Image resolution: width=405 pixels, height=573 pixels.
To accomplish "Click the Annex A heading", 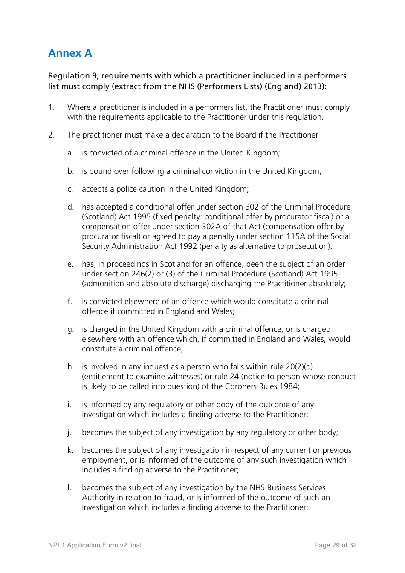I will point(70,53).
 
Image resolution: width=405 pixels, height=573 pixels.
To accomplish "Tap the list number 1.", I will point(51,107).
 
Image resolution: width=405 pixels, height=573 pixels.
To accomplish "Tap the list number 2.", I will point(51,135).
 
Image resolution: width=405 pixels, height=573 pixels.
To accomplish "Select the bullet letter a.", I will point(70,153).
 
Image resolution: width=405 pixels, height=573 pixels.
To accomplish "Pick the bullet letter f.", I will point(70,302).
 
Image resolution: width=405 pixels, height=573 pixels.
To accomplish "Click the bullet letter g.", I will point(70,330).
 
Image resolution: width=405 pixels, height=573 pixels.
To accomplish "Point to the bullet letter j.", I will point(69,433).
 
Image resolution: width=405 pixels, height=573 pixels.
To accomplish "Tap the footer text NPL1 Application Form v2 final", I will point(95,545).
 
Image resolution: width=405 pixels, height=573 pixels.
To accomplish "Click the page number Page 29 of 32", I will point(335,545).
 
